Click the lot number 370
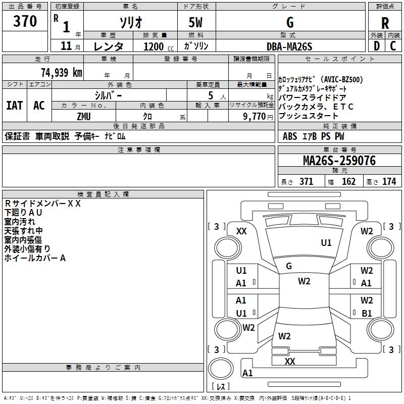(x=25, y=21)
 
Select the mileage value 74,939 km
(x=62, y=72)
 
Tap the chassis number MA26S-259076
(x=339, y=161)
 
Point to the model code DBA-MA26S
(x=289, y=46)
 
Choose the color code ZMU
(x=84, y=117)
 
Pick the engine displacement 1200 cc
(x=159, y=46)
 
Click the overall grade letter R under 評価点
(x=385, y=23)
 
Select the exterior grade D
(x=377, y=46)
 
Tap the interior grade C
(x=393, y=46)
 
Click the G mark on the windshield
(x=289, y=266)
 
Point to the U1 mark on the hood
(x=326, y=242)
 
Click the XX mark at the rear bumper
(x=290, y=361)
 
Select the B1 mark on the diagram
(x=367, y=313)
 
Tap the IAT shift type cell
(x=15, y=106)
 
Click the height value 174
(x=389, y=182)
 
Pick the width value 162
(x=348, y=182)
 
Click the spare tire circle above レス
(x=221, y=369)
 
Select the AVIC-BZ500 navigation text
(x=343, y=79)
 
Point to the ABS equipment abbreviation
(x=290, y=136)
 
